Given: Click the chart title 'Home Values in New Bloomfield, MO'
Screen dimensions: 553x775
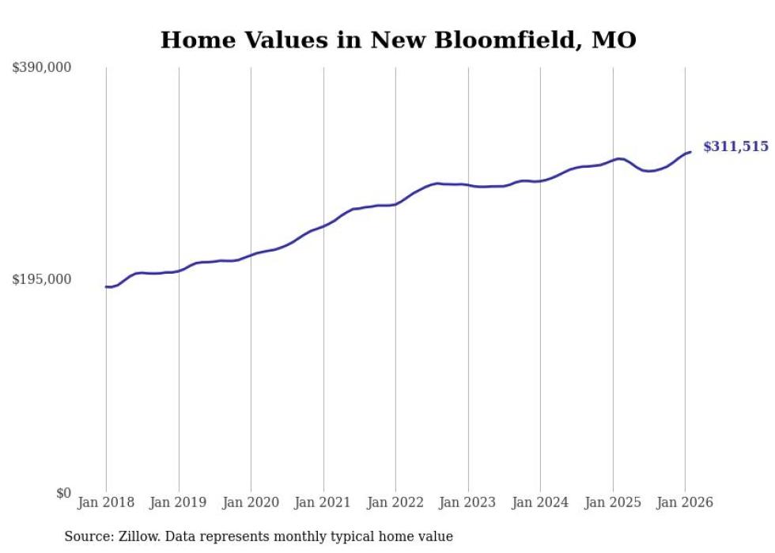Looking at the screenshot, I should [x=398, y=40].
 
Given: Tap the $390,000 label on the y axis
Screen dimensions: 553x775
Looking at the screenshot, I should [x=42, y=68].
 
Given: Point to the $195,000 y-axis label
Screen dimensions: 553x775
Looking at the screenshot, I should [x=42, y=279].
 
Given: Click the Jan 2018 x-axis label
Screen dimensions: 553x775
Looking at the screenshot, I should [x=106, y=503].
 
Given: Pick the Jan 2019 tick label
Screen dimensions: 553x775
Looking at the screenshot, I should [x=179, y=503].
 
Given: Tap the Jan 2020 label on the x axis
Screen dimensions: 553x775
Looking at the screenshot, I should [x=251, y=503].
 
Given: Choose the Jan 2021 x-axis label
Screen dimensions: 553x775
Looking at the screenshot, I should [x=323, y=503].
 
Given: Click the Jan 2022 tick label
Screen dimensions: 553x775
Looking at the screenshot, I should [x=395, y=503].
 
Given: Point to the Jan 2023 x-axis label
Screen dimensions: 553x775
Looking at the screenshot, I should [x=468, y=503].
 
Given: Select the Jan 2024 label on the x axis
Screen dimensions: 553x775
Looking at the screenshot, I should [x=540, y=503].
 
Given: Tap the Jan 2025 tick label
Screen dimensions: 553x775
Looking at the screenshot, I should [x=613, y=503].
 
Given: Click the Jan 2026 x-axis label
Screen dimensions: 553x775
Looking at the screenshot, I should [x=685, y=503].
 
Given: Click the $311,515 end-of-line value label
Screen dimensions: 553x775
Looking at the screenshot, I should [x=735, y=146].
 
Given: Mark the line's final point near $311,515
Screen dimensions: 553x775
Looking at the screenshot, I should [x=690, y=152].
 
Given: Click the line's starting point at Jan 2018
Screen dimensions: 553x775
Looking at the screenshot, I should [x=106, y=287].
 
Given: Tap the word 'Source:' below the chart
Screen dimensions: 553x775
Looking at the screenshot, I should [x=85, y=536].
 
